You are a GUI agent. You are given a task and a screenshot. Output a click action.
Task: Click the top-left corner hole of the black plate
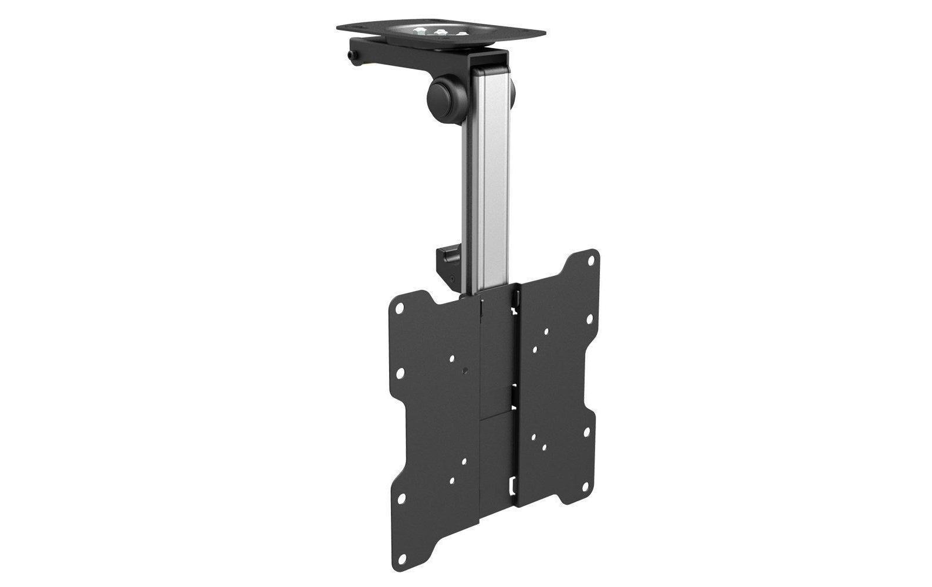pos(400,308)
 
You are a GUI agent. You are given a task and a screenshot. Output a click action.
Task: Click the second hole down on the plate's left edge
pos(400,372)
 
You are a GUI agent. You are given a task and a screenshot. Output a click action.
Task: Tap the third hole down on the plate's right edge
pos(585,433)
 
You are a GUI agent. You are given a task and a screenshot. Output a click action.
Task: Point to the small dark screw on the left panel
pos(465,370)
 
